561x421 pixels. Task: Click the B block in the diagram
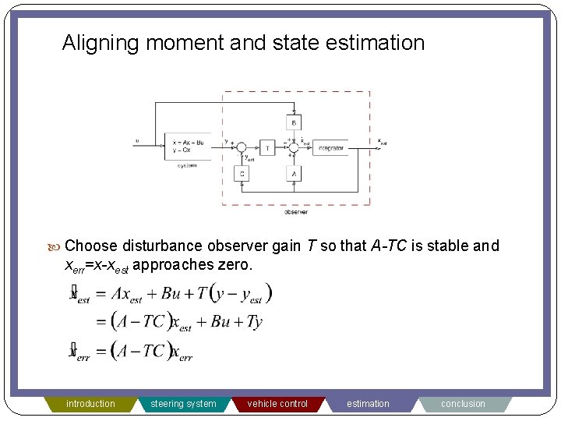[x=294, y=122]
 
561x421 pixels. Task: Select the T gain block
[x=267, y=147]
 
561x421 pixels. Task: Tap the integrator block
[x=331, y=147]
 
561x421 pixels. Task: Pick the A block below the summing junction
[x=294, y=174]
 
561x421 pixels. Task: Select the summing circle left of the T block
[x=242, y=147]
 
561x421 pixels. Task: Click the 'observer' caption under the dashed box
[x=295, y=211]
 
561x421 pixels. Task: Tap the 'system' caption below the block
[x=187, y=165]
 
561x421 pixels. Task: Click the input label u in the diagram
[x=138, y=141]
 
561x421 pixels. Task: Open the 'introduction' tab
[x=90, y=404]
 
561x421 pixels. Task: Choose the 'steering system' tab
[x=183, y=404]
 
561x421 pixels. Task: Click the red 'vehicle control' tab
[x=277, y=404]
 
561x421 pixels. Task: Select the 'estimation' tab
[x=368, y=404]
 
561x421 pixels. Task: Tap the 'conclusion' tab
[x=463, y=404]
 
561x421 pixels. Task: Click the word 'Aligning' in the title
[x=99, y=42]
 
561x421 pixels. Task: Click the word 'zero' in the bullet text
[x=234, y=265]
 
